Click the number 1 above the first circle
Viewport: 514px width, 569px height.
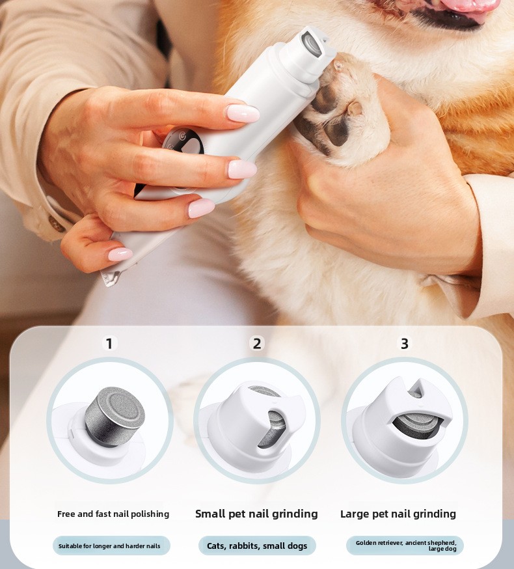pos(109,343)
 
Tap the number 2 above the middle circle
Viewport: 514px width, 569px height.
pos(257,343)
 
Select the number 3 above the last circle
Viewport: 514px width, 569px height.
pos(405,343)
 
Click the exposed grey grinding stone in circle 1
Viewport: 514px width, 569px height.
pos(115,416)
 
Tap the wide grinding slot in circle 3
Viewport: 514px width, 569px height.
pos(417,425)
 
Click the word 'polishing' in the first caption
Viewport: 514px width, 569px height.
pos(150,514)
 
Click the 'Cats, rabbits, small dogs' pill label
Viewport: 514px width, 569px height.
pos(257,546)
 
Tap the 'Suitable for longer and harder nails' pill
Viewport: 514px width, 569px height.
pos(111,546)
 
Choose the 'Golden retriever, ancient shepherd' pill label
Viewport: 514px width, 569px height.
pos(405,546)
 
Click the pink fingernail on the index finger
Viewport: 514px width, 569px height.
pos(243,113)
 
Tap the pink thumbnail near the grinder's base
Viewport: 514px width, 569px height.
pos(120,255)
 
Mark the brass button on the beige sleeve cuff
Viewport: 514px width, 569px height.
pos(57,224)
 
